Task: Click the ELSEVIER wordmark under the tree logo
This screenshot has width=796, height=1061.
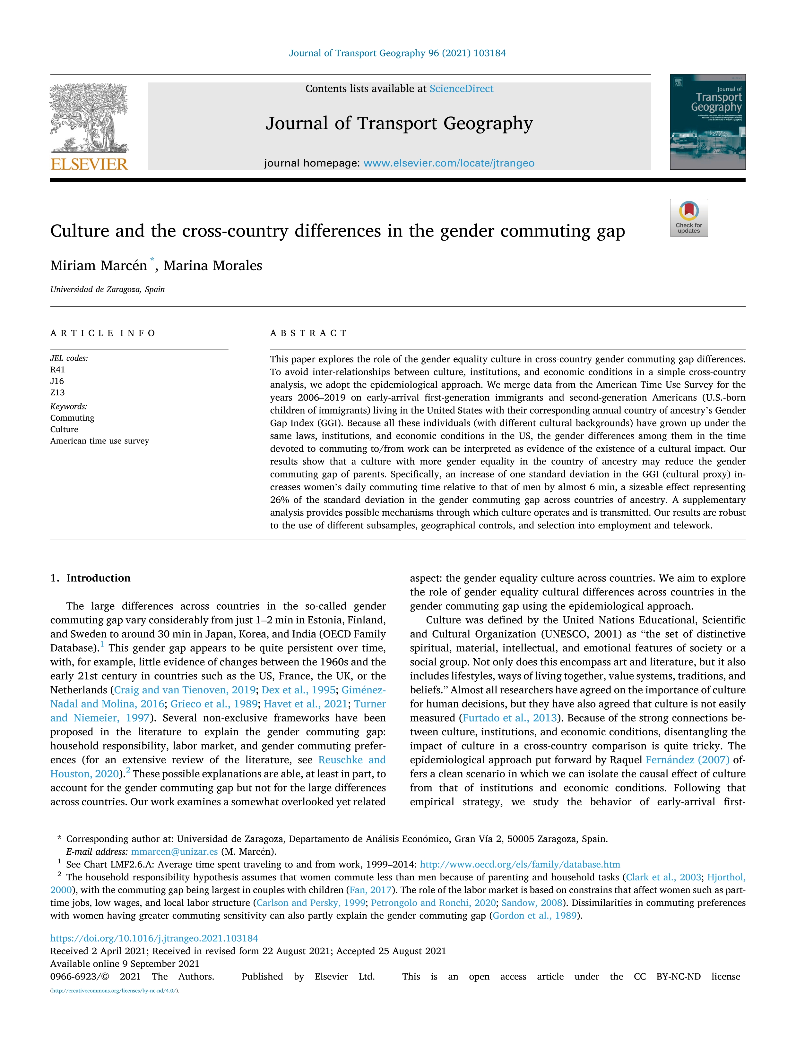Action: point(89,165)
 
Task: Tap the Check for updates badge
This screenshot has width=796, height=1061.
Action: point(688,218)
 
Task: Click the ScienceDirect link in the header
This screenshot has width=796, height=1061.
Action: point(461,89)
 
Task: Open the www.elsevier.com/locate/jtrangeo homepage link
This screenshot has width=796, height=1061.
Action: point(449,163)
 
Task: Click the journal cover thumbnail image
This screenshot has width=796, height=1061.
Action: point(708,122)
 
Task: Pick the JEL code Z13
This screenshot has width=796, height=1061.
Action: point(57,393)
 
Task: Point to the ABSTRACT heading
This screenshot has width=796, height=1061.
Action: point(308,333)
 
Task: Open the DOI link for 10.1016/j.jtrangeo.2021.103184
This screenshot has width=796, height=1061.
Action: point(154,938)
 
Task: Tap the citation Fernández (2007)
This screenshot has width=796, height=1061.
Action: point(687,760)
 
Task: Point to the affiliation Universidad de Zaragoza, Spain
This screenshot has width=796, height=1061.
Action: point(108,289)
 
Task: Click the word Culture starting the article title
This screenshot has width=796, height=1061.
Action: point(80,231)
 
